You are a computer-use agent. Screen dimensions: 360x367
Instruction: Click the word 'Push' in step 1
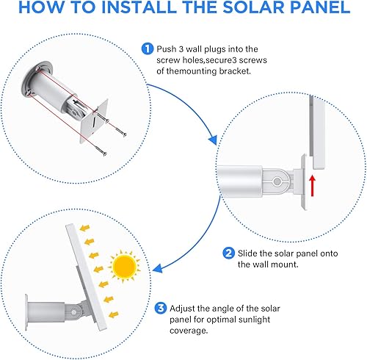coord(167,48)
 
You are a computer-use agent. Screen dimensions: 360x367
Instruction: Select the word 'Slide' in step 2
coord(252,253)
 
